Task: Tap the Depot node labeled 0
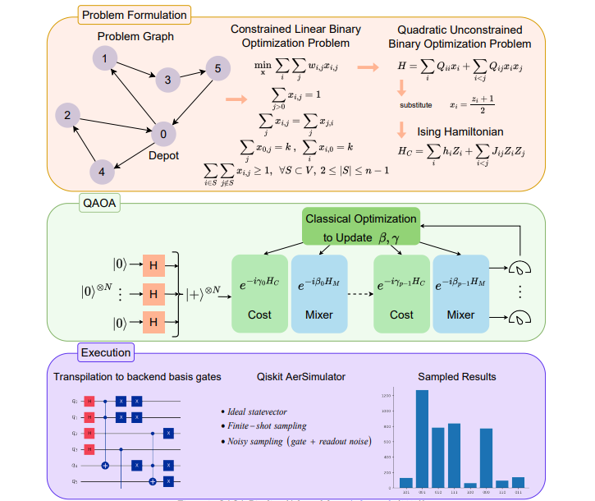click(163, 134)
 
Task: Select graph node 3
click(167, 80)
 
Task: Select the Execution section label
click(105, 353)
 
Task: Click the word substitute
click(416, 104)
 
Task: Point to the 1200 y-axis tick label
click(386, 395)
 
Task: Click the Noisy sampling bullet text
click(295, 442)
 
